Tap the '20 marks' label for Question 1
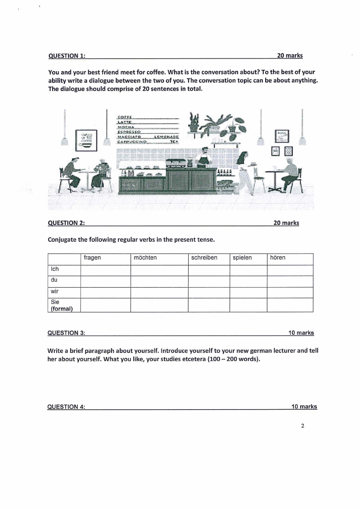290,55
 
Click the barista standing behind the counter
204,157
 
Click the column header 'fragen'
92,258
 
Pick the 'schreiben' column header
204,258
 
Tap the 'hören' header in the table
277,258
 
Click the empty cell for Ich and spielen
248,270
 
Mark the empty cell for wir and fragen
105,292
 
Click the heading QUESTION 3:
67,333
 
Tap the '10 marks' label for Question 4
304,406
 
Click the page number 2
302,426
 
